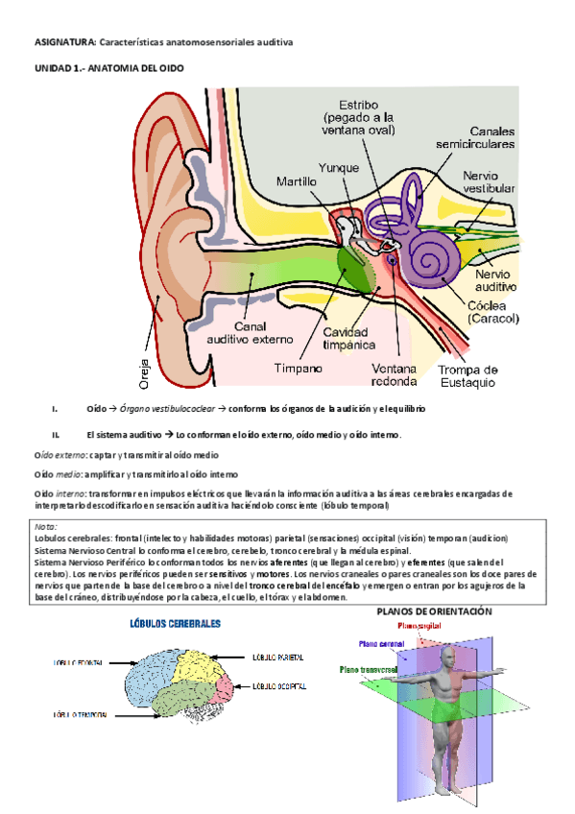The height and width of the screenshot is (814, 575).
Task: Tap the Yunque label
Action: (340, 167)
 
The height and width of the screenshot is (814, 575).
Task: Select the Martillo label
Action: (297, 181)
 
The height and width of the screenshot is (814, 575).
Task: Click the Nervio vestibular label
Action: (488, 182)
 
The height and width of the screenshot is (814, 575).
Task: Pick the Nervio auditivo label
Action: (495, 279)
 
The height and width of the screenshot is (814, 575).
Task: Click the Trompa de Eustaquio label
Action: (467, 376)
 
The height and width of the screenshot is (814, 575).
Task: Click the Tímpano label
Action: (298, 368)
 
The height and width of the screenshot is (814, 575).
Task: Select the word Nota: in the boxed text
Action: (45, 526)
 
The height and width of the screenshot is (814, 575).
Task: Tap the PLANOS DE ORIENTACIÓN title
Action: (434, 611)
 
